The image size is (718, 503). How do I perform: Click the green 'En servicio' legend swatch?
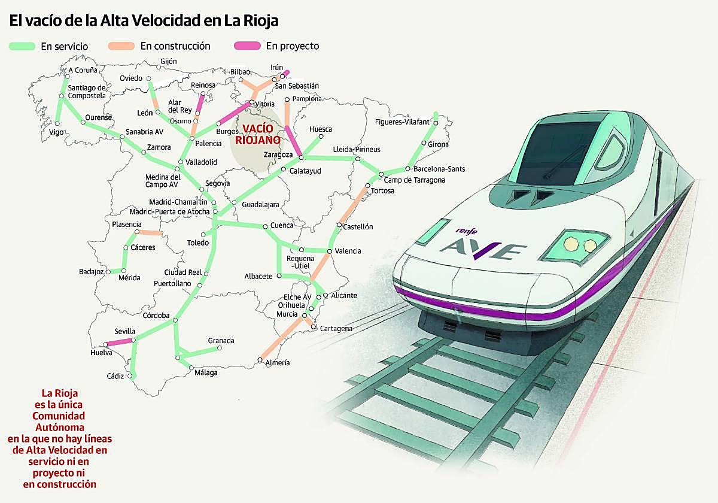[23, 46]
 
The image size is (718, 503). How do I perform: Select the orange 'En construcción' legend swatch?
[121, 46]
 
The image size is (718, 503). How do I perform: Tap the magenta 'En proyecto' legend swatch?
[247, 46]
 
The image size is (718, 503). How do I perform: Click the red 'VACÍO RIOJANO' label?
[257, 135]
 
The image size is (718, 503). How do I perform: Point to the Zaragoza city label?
[277, 155]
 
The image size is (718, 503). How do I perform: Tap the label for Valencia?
[348, 251]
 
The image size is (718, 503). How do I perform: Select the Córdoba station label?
[156, 316]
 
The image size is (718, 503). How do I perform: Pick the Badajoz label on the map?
[92, 272]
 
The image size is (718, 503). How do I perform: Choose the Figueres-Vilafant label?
[401, 122]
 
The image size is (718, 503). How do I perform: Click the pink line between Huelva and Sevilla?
[119, 342]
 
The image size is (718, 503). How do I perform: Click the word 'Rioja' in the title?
[260, 21]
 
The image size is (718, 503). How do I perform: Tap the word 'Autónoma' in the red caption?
[59, 427]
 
